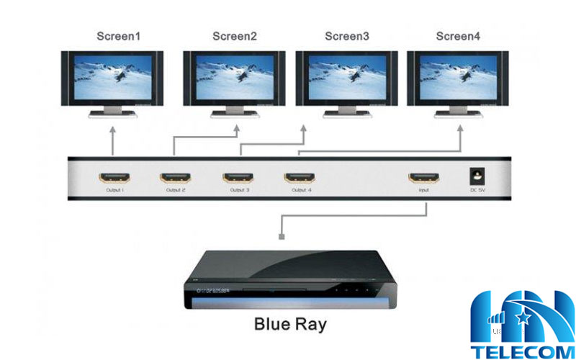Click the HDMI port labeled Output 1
pyautogui.click(x=114, y=176)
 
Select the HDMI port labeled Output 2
pyautogui.click(x=176, y=176)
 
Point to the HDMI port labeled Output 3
pyautogui.click(x=238, y=176)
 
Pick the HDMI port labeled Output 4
pyautogui.click(x=301, y=176)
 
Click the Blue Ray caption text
pyautogui.click(x=290, y=325)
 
